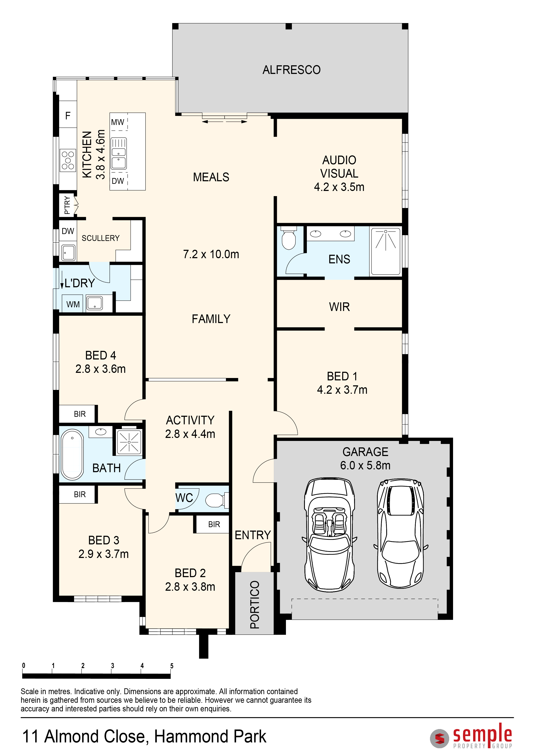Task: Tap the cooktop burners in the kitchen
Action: coord(68,160)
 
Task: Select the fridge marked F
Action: coord(68,116)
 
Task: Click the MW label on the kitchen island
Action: coord(118,122)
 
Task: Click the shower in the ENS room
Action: coord(385,251)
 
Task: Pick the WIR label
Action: coord(339,307)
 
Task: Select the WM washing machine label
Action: coord(73,304)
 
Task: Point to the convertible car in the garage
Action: coord(329,534)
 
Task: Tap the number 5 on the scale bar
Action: coord(172,666)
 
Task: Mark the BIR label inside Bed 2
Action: coord(214,525)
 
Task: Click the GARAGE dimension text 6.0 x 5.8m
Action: coord(365,465)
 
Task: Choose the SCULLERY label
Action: coord(100,238)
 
